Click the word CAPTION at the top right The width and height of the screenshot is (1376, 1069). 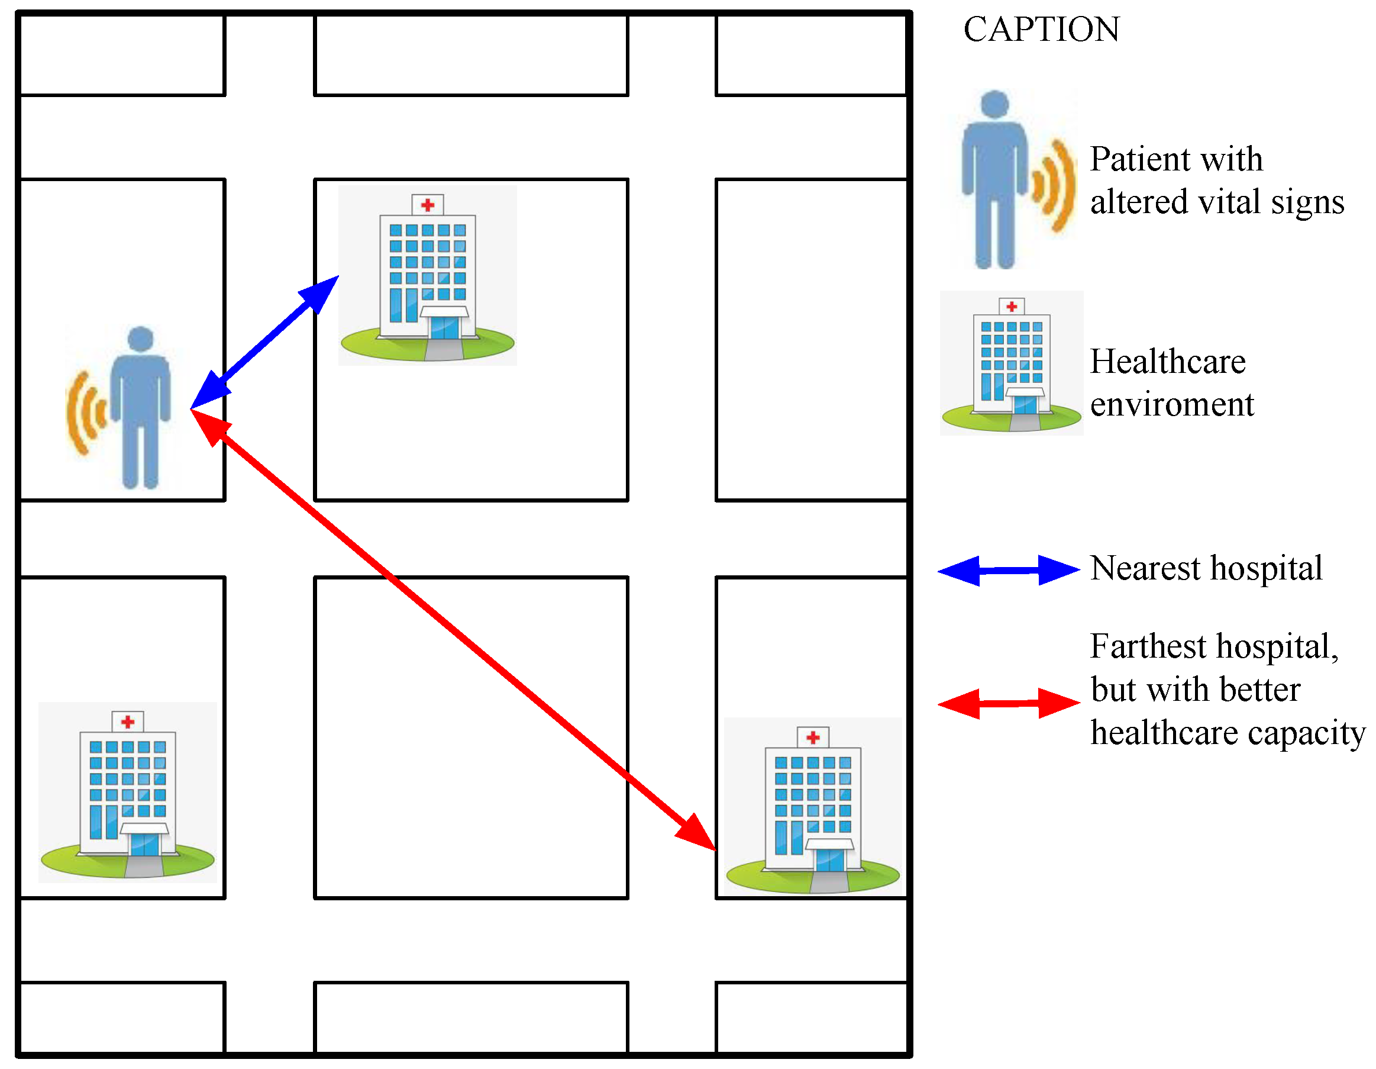coord(1041,30)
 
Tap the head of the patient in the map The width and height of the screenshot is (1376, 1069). coord(140,339)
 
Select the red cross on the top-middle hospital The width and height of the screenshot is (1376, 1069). coord(428,205)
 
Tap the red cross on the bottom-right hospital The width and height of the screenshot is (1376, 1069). coord(813,737)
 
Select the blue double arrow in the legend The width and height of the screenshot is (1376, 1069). coord(1009,571)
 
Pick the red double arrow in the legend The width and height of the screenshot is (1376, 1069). coord(1009,703)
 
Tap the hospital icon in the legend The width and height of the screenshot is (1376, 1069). coord(1011,364)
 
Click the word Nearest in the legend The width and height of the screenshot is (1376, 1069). coord(1145,569)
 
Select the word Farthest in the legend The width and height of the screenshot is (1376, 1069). coord(1148,647)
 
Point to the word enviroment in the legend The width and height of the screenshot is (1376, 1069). coord(1172,405)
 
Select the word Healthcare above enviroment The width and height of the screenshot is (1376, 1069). coord(1167,362)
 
